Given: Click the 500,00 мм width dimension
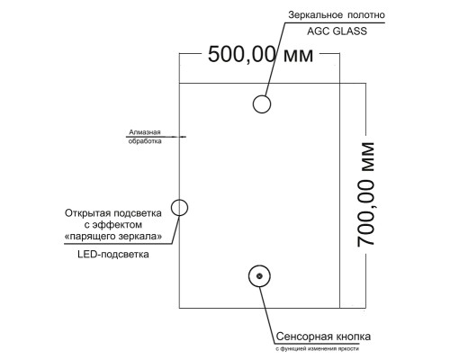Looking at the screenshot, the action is pyautogui.click(x=260, y=55).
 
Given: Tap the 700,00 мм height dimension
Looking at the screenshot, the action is pyautogui.click(x=366, y=194).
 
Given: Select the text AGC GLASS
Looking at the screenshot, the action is pyautogui.click(x=337, y=31).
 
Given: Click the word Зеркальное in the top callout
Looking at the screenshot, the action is pyautogui.click(x=314, y=15).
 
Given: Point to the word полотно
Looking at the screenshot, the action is pyautogui.click(x=366, y=15).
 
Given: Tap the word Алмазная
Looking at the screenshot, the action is pyautogui.click(x=145, y=132).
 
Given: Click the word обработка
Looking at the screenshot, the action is pyautogui.click(x=145, y=141).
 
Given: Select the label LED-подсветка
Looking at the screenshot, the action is pyautogui.click(x=113, y=255).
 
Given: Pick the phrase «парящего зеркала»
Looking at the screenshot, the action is pyautogui.click(x=113, y=237).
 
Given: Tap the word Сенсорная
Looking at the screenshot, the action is pyautogui.click(x=302, y=337).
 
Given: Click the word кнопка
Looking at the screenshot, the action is pyautogui.click(x=351, y=337).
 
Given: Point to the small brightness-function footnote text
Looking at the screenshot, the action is pyautogui.click(x=317, y=349).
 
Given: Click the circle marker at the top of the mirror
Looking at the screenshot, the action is pyautogui.click(x=262, y=95).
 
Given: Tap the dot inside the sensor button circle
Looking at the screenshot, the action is pyautogui.click(x=259, y=276).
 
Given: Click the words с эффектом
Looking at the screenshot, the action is pyautogui.click(x=113, y=225).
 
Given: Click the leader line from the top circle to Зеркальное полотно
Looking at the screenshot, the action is pyautogui.click(x=275, y=58).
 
